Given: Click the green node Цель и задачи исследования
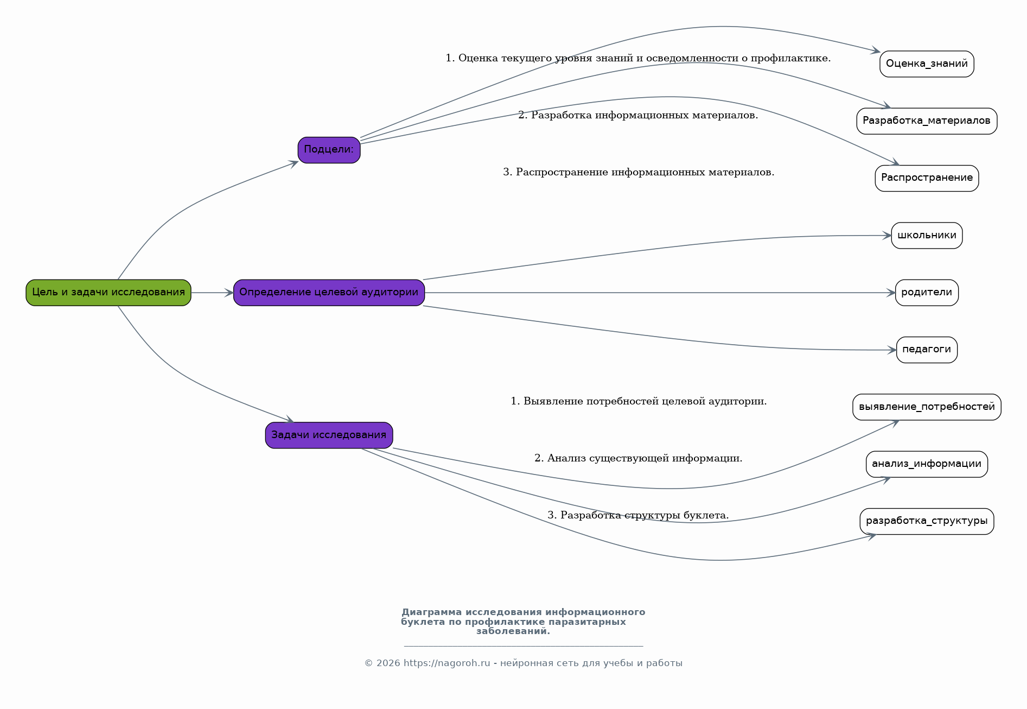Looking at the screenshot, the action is (109, 293).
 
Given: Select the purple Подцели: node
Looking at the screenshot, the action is (329, 150).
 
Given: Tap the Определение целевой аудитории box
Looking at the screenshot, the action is (329, 293).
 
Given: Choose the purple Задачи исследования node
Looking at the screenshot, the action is (329, 435).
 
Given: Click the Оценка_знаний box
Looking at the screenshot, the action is (927, 64).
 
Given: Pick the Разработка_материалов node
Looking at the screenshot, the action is (927, 121).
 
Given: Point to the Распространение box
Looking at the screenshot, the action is (927, 178).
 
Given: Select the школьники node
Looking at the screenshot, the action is (927, 236).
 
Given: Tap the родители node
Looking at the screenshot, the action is (927, 293).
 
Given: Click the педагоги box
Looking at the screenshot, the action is (927, 350).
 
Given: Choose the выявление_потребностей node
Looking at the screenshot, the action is (927, 407).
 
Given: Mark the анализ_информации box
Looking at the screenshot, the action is (927, 464).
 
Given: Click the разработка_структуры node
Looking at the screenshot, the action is (927, 521).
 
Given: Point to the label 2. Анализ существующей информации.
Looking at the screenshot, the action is (639, 458).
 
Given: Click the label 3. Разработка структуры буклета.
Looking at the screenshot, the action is (639, 515).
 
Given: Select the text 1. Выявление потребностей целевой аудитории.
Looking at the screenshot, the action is (639, 401).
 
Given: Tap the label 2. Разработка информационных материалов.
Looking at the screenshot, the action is (639, 115).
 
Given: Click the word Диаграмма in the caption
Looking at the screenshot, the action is (432, 612).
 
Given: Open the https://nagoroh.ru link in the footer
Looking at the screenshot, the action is (447, 663).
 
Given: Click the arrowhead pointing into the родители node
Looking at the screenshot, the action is (891, 293).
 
